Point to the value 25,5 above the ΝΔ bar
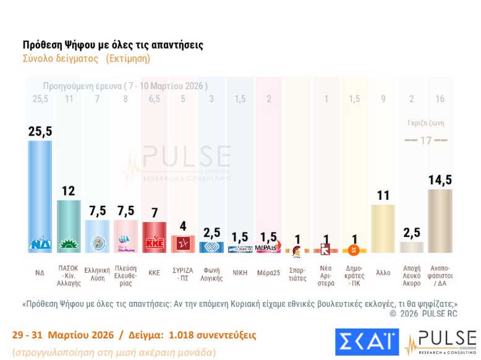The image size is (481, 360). (x=40, y=131)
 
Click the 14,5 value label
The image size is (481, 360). (x=440, y=180)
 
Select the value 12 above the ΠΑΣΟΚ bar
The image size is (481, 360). (x=68, y=191)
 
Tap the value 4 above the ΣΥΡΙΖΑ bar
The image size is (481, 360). (x=182, y=226)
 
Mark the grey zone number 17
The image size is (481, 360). (x=425, y=140)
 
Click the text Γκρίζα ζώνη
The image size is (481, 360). (x=426, y=123)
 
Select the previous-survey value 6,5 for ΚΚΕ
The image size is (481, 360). (x=154, y=99)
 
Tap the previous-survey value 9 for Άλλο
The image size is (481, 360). (x=383, y=99)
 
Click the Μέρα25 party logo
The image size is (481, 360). (x=268, y=248)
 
